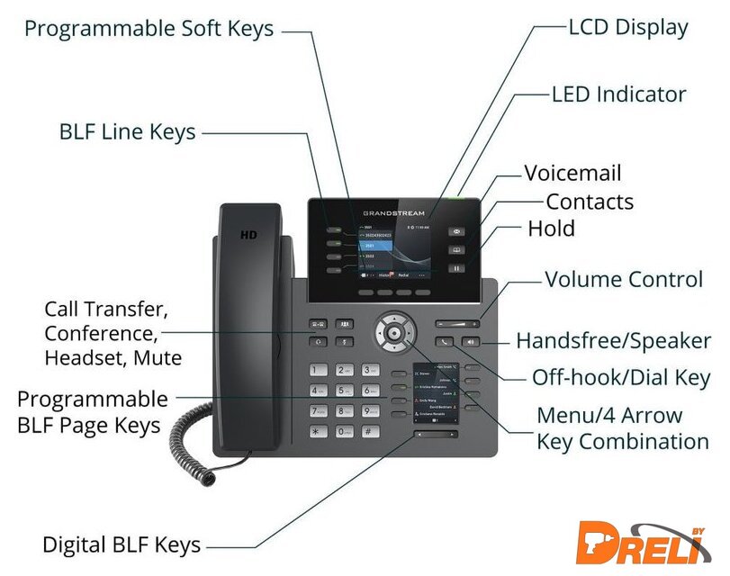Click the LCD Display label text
point(627,27)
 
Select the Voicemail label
point(572,173)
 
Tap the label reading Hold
point(551,228)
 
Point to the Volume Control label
point(624,279)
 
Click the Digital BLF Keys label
point(122,544)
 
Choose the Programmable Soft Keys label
point(149,29)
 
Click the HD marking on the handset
point(248,235)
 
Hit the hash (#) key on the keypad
point(370,431)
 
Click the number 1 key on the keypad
point(319,371)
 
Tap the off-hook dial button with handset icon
point(444,342)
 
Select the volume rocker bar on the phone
point(456,322)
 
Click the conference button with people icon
point(344,324)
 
